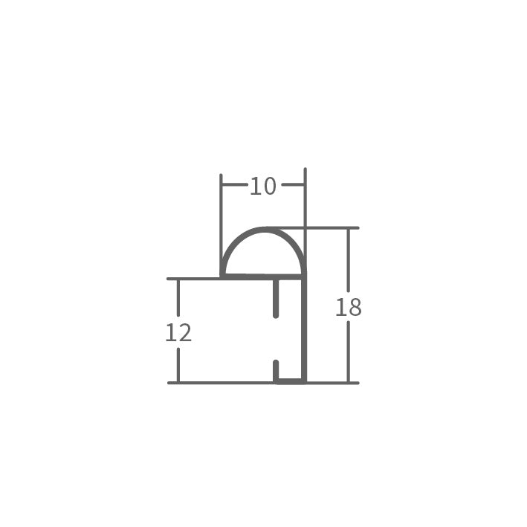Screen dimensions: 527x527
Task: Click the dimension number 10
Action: [263, 187]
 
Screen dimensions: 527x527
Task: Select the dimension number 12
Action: [178, 333]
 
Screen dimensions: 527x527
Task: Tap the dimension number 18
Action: [349, 307]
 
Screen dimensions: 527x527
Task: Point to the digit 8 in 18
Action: [355, 307]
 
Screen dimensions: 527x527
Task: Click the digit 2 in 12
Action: [185, 333]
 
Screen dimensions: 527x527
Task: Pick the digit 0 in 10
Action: [270, 187]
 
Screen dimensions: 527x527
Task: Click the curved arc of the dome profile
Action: [264, 230]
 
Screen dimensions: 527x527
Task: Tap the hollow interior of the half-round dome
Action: [263, 256]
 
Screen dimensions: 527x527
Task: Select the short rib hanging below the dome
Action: [276, 298]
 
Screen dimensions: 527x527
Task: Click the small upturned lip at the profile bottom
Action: [276, 372]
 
